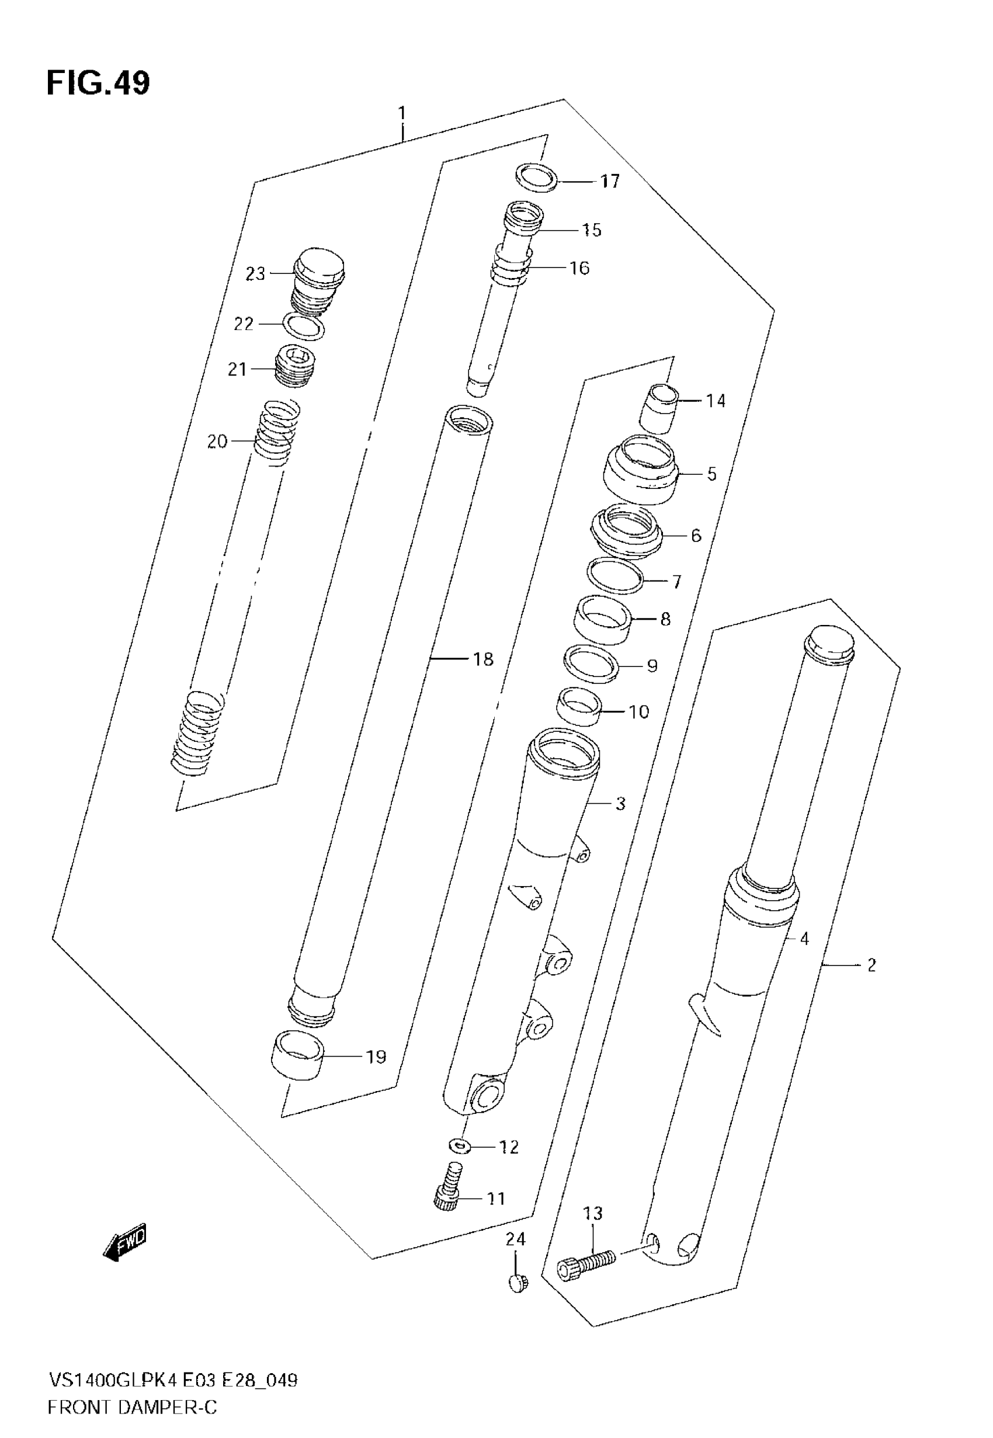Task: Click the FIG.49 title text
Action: pos(98,84)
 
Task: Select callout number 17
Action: pos(610,182)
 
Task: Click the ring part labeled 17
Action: pos(536,178)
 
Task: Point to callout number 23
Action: pos(255,274)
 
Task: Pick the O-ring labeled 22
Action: pos(304,326)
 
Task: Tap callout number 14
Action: pos(716,401)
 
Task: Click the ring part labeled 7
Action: pos(614,576)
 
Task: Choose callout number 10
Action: pos(639,711)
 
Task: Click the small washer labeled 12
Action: pos(458,1144)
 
